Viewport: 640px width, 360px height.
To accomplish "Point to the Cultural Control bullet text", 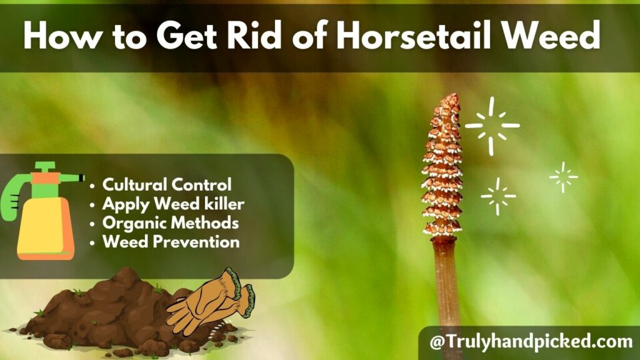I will (167, 185).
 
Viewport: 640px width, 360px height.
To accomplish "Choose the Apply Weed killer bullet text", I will (173, 204).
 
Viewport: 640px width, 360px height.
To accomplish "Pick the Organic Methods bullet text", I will (171, 222).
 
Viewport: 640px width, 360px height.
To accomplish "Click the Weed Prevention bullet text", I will (171, 242).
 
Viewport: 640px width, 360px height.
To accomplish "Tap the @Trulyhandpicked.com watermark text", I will (531, 342).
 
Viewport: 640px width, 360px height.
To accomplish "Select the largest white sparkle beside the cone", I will (492, 126).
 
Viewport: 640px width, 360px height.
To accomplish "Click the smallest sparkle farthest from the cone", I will (563, 177).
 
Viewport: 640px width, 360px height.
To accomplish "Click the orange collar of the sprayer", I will (45, 178).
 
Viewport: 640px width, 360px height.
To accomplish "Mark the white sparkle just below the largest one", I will (498, 196).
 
